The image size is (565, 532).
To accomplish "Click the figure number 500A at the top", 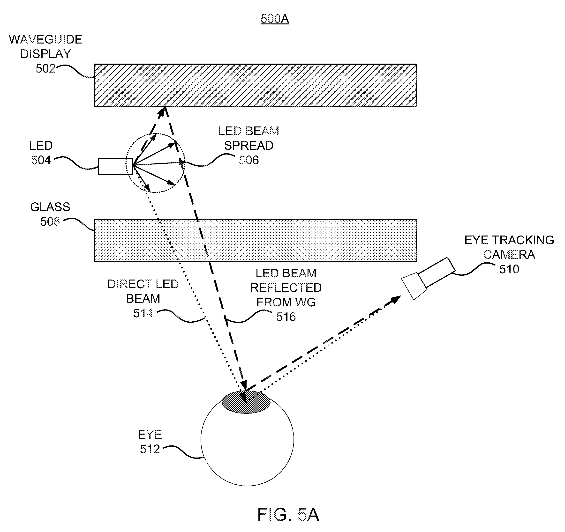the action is click(275, 19).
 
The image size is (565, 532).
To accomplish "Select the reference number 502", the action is click(45, 68).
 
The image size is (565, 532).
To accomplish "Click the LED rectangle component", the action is click(116, 166).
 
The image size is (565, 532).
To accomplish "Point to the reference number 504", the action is click(41, 160).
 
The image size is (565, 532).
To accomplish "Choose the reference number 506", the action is click(249, 160).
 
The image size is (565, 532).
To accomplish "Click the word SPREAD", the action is click(249, 146).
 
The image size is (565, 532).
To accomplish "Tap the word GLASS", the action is click(50, 207).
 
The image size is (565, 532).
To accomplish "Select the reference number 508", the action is click(50, 222).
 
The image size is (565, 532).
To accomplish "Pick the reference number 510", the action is click(509, 269).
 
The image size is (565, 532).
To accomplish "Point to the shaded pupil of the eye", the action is click(246, 402).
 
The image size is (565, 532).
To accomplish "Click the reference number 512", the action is click(150, 449).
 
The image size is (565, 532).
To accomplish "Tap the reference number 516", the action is click(286, 317).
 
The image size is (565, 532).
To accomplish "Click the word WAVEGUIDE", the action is click(45, 39).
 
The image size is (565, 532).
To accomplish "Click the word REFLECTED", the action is click(286, 288).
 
